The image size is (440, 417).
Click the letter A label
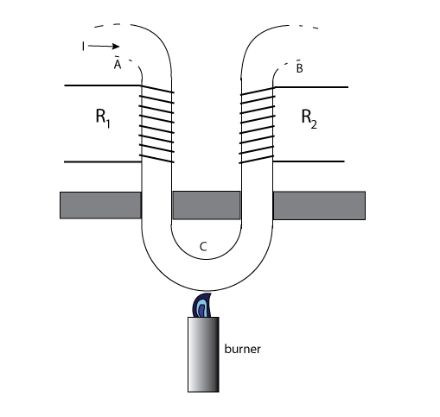pos(118,65)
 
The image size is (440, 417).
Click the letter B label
pos(300,68)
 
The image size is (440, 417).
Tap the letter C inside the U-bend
pos(203,247)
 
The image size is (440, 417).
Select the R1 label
pos(103,118)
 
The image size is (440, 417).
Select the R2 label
pos(309,118)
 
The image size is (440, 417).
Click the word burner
pos(242,349)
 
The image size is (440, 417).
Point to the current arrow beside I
pos(104,46)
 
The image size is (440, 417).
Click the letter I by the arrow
pos(83,47)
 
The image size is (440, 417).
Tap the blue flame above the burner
pos(202,306)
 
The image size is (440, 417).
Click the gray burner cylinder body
pos(203,355)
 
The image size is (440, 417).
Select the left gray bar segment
pos(100,205)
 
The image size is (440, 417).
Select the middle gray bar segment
pos(207,205)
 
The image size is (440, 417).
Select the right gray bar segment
pos(319,205)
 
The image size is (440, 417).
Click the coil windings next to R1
pos(156,124)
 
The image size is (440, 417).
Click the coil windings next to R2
pos(257,125)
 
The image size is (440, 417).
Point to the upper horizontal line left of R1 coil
pos(103,85)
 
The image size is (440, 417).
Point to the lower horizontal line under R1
pos(103,162)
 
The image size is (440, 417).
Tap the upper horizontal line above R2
pos(310,86)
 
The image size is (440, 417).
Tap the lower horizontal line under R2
pos(309,161)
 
